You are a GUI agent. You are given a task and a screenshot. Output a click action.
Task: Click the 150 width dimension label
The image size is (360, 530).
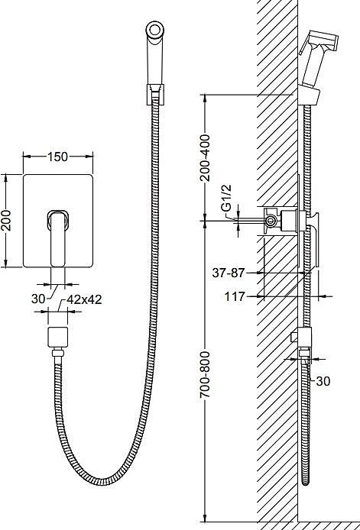pos(57,157)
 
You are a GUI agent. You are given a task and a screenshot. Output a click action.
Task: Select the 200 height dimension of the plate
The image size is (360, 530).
pos(6,221)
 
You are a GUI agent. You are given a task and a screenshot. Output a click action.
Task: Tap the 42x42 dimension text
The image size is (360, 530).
pos(84,299)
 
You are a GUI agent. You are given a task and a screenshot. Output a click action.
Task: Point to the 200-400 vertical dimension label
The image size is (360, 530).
pos(205,158)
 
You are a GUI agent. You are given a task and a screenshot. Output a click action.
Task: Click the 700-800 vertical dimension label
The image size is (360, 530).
pos(205,374)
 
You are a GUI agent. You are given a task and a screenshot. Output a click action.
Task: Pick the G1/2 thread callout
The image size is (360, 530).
pos(227,198)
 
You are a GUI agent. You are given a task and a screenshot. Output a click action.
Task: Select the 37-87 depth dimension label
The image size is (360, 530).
pos(228,273)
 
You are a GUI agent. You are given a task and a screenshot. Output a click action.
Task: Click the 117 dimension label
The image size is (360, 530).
pos(235,297)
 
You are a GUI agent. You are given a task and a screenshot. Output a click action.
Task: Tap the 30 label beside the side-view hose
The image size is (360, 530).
pos(323,381)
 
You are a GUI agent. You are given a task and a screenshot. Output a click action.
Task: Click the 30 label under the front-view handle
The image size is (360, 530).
pos(38,299)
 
